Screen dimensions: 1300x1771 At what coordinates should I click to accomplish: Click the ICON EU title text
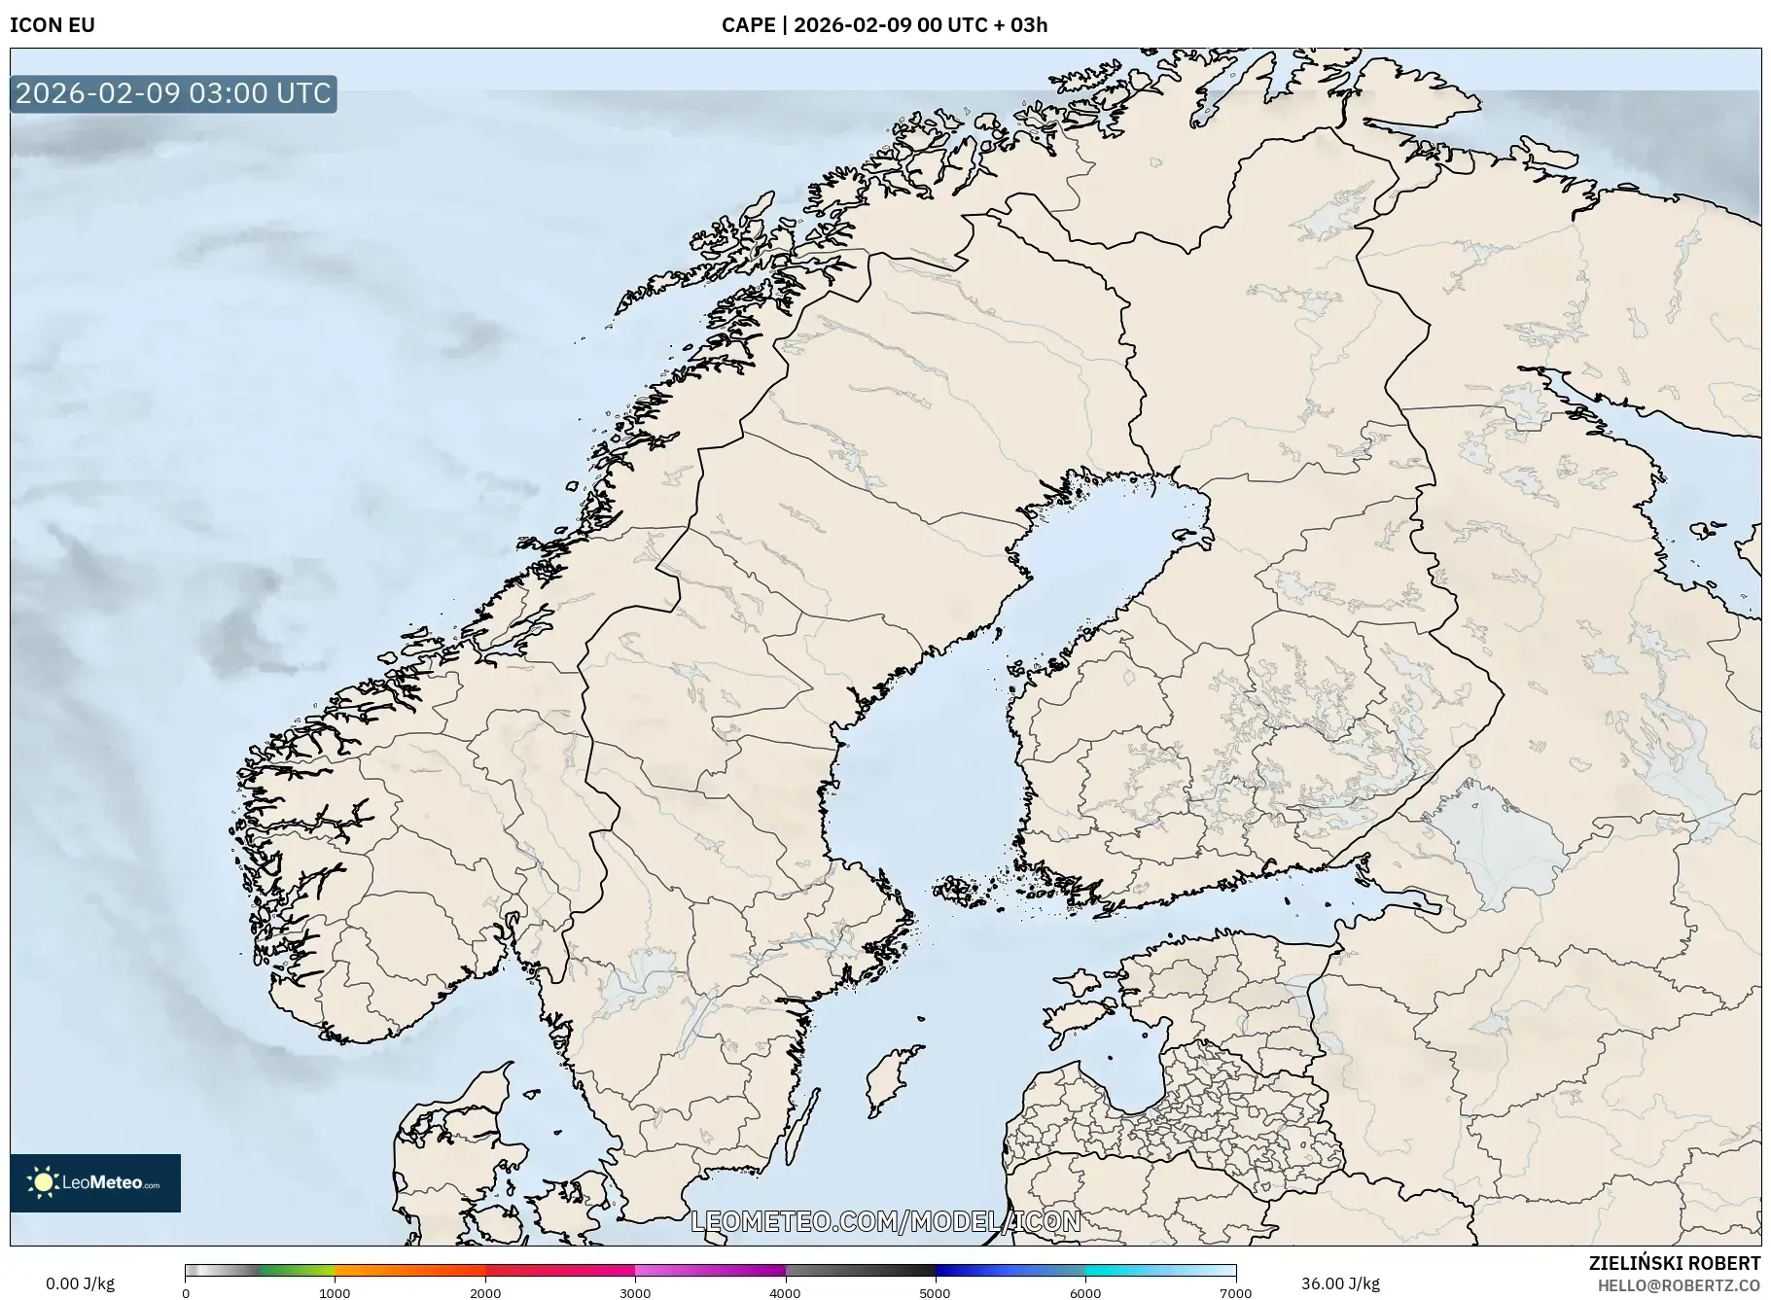[53, 25]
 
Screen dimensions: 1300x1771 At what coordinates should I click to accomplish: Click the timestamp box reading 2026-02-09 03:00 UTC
[173, 93]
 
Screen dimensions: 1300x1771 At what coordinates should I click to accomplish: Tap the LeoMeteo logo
[95, 1182]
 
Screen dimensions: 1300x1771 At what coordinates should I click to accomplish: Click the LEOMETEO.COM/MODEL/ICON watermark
[885, 1221]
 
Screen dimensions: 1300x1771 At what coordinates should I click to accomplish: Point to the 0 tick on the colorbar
[186, 1293]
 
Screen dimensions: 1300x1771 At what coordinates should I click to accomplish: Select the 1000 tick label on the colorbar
[335, 1293]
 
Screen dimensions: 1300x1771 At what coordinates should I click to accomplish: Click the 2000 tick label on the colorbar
[485, 1293]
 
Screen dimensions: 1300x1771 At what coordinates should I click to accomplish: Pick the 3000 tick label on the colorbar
[635, 1293]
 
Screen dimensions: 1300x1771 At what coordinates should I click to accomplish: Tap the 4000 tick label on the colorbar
[785, 1293]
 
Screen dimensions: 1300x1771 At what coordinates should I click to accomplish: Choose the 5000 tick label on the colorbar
[935, 1293]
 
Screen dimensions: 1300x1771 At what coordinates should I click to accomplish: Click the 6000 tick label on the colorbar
[1085, 1293]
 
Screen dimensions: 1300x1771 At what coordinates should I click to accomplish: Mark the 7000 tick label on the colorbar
[1235, 1293]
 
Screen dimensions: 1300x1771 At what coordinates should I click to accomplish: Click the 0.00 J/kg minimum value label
[80, 1283]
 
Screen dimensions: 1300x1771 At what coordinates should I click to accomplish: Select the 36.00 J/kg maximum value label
[1340, 1283]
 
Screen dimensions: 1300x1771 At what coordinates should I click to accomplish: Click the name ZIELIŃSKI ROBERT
[1674, 1263]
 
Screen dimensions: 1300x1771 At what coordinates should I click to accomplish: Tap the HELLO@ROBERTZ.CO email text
[1678, 1285]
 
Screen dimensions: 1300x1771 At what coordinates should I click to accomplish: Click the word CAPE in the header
[747, 25]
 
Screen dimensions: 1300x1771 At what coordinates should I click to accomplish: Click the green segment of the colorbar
[297, 1270]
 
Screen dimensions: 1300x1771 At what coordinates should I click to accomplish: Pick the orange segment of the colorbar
[408, 1270]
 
